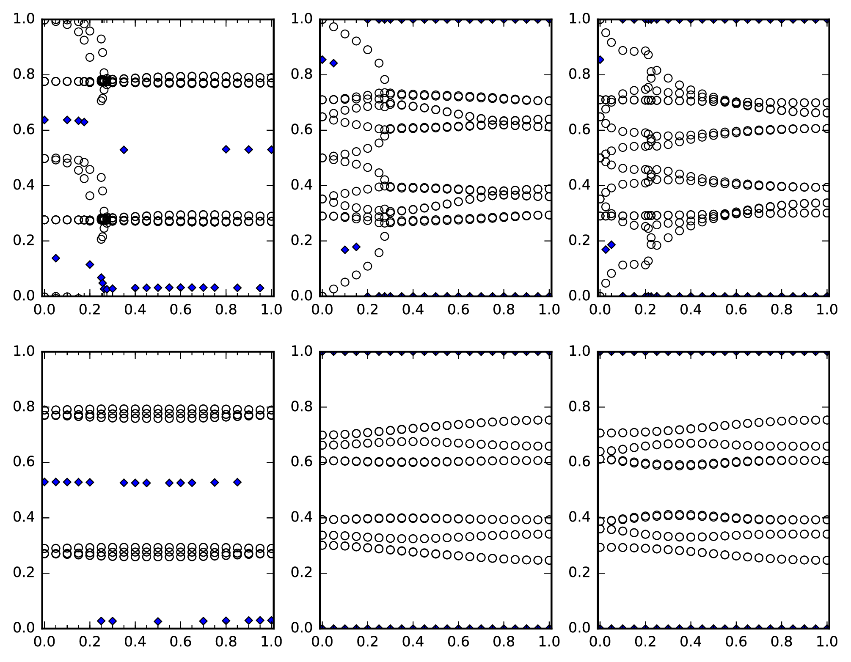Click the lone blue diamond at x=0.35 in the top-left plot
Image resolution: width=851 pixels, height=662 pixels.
(124, 150)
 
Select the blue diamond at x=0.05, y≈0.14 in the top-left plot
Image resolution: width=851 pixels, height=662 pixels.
(55, 258)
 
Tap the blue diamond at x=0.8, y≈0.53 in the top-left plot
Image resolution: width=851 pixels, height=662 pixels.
(226, 149)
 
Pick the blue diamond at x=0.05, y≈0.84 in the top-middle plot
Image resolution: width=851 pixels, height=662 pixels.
(333, 63)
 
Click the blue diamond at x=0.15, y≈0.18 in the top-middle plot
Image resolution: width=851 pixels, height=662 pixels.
(356, 247)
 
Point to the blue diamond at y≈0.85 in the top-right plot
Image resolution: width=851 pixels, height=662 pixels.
(600, 60)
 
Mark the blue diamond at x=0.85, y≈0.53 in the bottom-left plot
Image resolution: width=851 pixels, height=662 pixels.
(237, 482)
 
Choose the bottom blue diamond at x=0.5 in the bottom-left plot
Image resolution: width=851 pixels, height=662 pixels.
(158, 621)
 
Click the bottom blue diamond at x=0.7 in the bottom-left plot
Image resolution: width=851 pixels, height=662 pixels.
(203, 621)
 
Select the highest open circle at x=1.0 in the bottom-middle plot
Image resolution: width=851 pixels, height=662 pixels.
(549, 420)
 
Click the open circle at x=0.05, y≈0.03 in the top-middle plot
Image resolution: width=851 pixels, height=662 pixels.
(333, 289)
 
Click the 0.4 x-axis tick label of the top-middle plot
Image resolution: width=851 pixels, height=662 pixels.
(413, 309)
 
